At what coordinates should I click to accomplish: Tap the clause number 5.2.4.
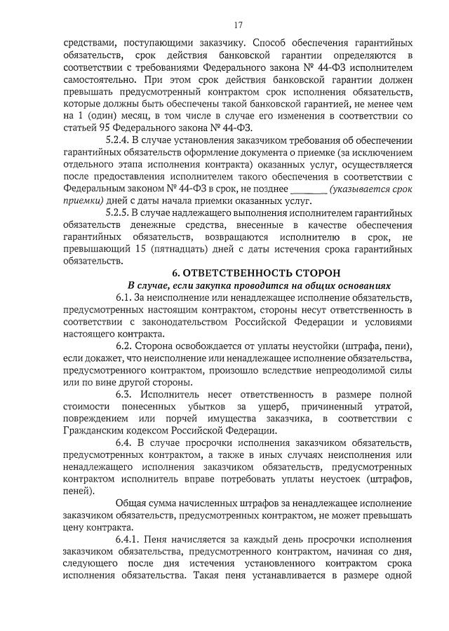pyautogui.click(x=117, y=140)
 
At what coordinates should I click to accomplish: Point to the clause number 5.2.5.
pyautogui.click(x=117, y=212)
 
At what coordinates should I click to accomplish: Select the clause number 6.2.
pyautogui.click(x=124, y=346)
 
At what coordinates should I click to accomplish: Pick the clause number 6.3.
pyautogui.click(x=125, y=395)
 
